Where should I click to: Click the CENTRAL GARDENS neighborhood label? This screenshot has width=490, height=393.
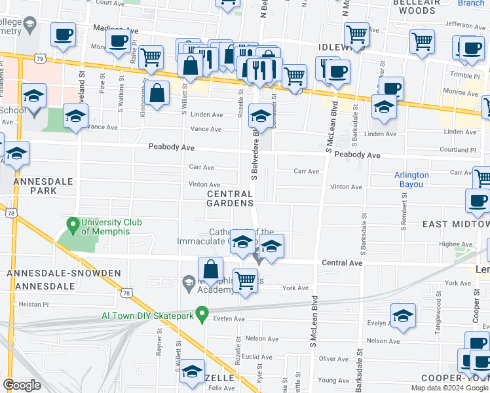[230, 198]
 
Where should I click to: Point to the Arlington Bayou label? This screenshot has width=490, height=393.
[411, 179]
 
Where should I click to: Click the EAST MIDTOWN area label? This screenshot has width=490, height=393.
[455, 225]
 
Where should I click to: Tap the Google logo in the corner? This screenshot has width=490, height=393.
[22, 385]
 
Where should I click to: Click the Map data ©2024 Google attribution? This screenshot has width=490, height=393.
[448, 388]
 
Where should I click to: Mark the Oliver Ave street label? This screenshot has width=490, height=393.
[334, 359]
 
